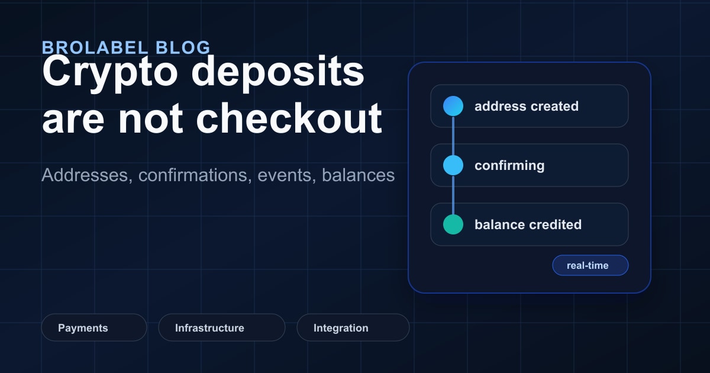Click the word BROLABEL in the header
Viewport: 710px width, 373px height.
coord(95,47)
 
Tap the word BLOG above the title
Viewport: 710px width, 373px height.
coord(183,47)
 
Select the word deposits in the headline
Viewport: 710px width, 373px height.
coord(278,72)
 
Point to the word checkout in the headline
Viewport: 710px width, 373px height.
coord(289,118)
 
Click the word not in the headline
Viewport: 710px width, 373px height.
coord(150,119)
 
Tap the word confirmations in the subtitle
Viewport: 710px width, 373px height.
coord(195,175)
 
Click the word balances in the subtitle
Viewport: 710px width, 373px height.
coord(358,175)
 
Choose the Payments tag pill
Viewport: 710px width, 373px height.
coord(94,327)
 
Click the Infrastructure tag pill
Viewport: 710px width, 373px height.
coord(222,327)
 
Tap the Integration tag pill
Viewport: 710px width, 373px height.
coord(353,327)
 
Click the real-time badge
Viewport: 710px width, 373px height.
coord(590,265)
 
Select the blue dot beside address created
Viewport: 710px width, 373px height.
coord(453,106)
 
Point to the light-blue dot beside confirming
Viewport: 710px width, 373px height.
coord(453,165)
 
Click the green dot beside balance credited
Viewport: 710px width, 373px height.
coord(453,224)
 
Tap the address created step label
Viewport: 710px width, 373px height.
coord(527,106)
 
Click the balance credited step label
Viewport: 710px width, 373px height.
coord(528,224)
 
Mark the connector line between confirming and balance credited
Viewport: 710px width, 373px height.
coord(453,195)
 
